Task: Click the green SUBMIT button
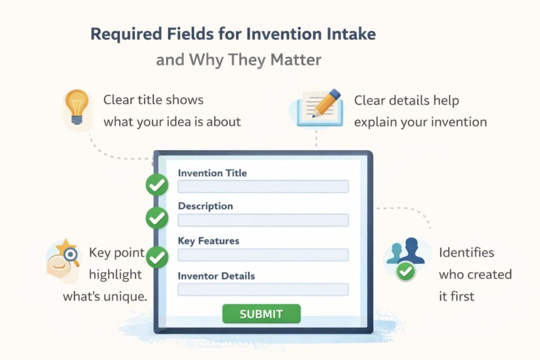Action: pos(261,314)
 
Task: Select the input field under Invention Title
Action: pos(263,187)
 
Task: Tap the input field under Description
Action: pos(263,220)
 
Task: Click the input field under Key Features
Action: pos(263,255)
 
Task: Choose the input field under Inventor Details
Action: pos(263,289)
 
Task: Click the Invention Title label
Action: pos(212,173)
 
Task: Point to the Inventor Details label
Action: pos(216,276)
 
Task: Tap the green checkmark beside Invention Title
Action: pos(157,185)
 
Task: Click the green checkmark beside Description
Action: pos(157,218)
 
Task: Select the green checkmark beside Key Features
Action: pos(157,257)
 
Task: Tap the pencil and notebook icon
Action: pos(316,108)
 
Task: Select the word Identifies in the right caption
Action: pos(466,252)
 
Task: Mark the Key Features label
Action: pos(208,241)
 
